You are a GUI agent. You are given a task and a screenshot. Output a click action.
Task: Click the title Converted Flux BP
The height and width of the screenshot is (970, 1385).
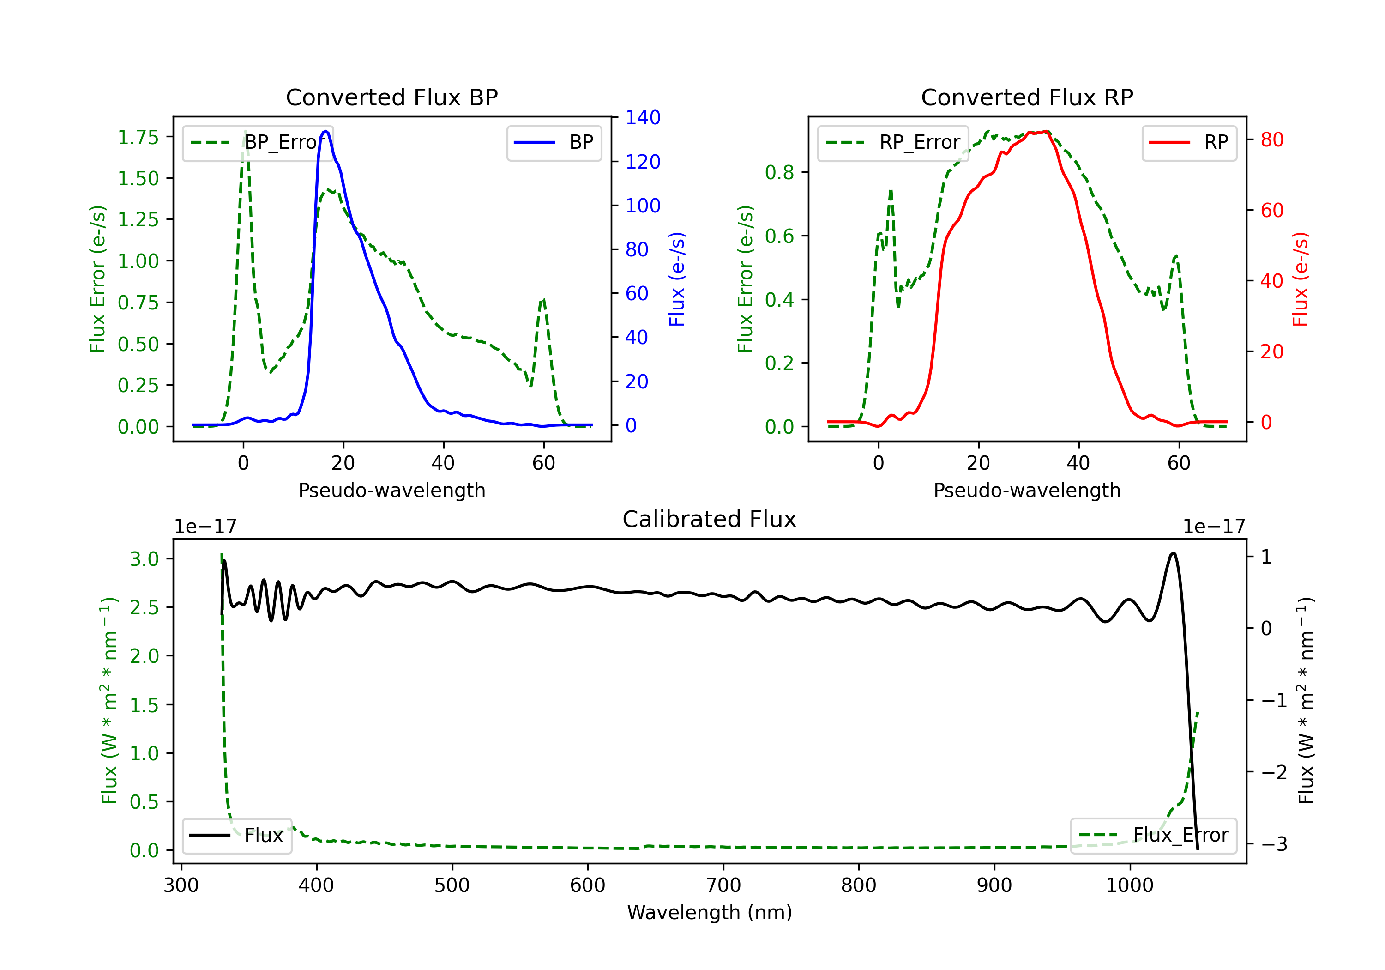391,97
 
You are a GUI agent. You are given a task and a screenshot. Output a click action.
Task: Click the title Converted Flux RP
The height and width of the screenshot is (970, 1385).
1027,97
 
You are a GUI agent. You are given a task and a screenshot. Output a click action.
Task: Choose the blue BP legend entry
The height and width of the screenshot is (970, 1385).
554,142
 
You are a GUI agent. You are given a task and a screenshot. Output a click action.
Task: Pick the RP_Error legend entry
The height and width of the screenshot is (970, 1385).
893,142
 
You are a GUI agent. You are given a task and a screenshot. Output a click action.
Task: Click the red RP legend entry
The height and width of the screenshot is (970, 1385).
1189,142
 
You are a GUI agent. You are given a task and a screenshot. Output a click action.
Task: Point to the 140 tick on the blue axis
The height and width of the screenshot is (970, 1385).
643,118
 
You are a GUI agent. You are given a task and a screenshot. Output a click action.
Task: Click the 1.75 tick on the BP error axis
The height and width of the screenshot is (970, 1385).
138,137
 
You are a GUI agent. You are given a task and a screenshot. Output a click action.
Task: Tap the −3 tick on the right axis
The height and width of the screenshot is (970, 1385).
1273,843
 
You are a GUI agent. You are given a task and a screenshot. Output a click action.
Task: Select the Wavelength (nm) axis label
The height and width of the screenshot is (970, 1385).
710,912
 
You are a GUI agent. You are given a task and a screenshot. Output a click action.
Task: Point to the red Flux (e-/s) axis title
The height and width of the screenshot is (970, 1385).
1300,279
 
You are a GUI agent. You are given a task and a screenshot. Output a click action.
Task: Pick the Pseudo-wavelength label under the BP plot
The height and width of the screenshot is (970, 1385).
391,490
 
